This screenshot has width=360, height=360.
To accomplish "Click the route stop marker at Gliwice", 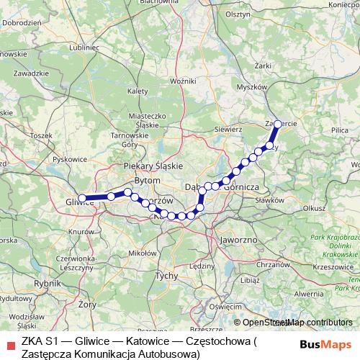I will (x=82, y=198).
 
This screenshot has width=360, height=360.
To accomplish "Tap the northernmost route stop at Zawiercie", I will (x=278, y=124).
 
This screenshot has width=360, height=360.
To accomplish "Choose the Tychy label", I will (x=166, y=276).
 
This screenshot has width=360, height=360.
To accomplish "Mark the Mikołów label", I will (x=141, y=253).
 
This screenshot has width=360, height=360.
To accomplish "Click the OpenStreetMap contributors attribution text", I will (x=296, y=323).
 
